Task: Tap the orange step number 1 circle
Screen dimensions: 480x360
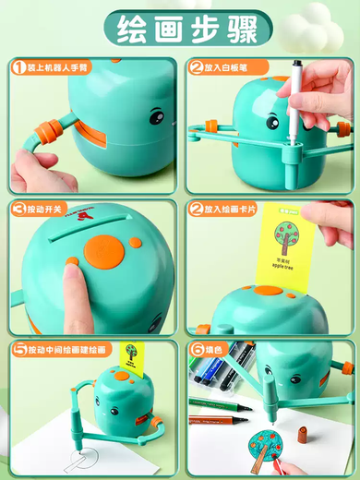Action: pyautogui.click(x=18, y=67)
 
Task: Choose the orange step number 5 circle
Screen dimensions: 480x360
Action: pyautogui.click(x=18, y=350)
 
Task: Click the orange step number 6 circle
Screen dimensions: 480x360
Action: pyautogui.click(x=195, y=350)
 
